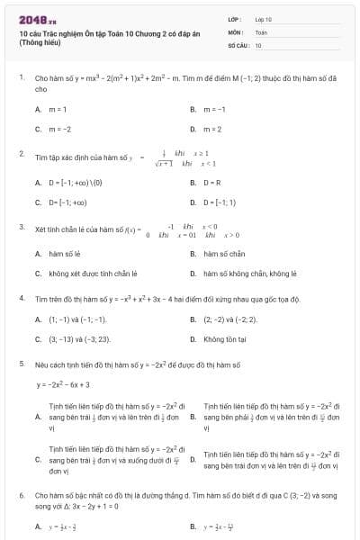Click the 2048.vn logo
tap(34, 19)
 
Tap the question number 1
tap(21, 79)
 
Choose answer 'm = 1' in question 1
tap(58, 110)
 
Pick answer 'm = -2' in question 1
tap(59, 129)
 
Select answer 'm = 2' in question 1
tap(212, 129)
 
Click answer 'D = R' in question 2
tap(212, 183)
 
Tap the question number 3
tap(21, 228)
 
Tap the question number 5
tap(21, 364)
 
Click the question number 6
tap(21, 495)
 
